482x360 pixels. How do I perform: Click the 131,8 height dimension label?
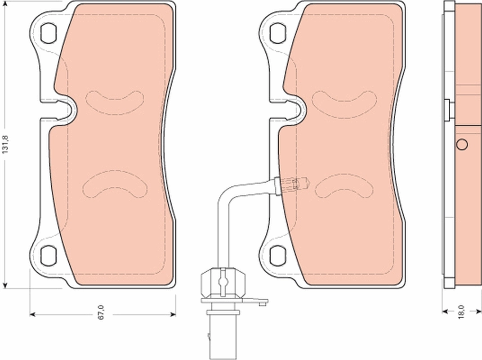(5, 144)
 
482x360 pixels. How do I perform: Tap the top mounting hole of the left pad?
(47, 31)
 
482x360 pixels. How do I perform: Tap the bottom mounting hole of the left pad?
(47, 255)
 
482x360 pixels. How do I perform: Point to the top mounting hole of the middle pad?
(277, 31)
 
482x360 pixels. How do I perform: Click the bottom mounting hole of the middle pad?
(277, 255)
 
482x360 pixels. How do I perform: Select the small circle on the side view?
(462, 144)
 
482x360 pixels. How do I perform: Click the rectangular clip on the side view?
(447, 109)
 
